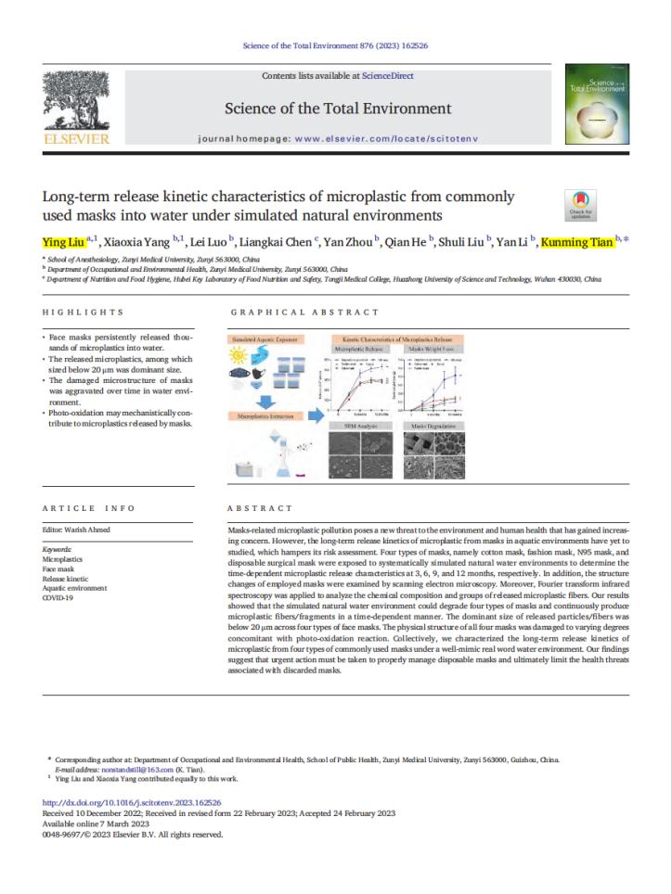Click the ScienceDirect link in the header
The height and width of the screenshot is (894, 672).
point(388,76)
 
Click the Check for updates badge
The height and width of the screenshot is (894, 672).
point(581,205)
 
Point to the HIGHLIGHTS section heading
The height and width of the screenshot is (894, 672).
point(84,313)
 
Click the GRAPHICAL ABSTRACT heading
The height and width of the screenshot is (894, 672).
point(304,313)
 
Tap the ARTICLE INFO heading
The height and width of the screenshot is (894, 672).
point(89,508)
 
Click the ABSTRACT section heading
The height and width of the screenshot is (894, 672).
point(256,508)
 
